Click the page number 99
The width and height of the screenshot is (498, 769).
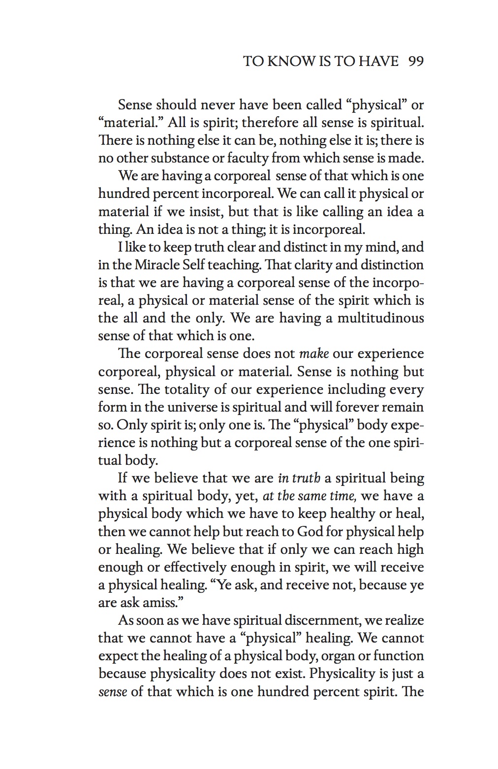(x=416, y=61)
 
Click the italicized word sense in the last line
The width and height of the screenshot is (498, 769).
(x=113, y=692)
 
